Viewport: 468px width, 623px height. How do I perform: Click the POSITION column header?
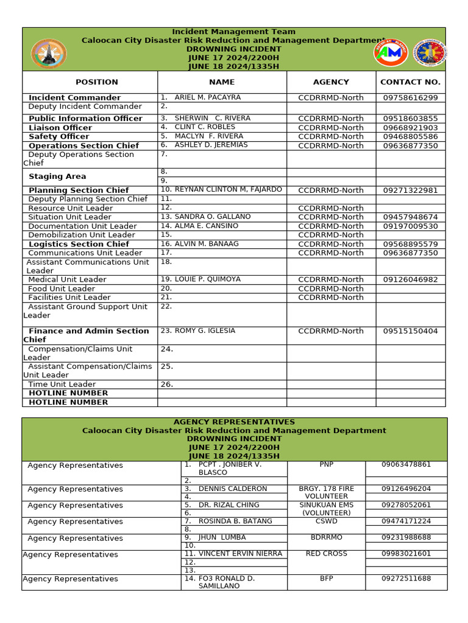coord(96,82)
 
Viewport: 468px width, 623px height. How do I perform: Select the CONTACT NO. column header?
coord(410,82)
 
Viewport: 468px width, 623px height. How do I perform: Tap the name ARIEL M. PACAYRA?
coord(207,97)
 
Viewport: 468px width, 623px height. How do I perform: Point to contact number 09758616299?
coord(410,98)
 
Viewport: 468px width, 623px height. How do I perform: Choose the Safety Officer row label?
coord(59,137)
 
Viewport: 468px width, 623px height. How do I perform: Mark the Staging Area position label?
coord(57,176)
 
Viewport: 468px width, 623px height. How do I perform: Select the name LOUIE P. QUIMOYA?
coord(207,279)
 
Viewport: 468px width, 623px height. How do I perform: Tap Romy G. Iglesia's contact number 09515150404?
coord(410,332)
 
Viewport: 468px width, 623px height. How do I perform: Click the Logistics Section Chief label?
coord(79,244)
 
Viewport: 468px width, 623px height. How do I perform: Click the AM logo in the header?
coord(390,53)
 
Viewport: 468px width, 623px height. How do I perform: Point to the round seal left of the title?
coord(49,54)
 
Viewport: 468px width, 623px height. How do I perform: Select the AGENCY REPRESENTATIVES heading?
coord(234,422)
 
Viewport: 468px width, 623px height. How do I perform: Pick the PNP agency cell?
coord(326,465)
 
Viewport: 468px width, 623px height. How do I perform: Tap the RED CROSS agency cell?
coord(326,554)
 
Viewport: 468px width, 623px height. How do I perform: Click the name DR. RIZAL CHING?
coord(229,505)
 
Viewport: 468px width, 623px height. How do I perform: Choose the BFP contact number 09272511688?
coord(406,579)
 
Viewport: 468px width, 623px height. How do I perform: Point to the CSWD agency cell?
coord(326,521)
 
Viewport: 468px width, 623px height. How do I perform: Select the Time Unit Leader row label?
coord(62,385)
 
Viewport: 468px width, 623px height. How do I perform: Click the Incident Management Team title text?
coord(234,32)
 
